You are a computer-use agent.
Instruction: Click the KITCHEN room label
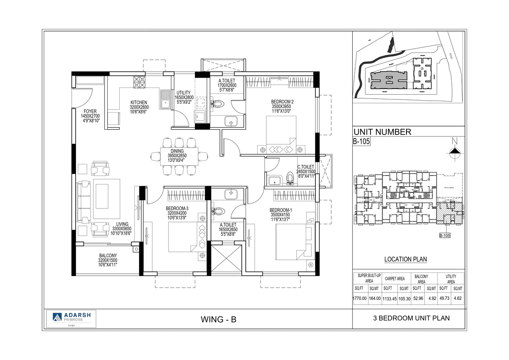[139, 102]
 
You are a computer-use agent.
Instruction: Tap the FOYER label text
[90, 111]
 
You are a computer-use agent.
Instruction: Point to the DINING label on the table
[177, 151]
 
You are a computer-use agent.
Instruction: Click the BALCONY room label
[108, 256]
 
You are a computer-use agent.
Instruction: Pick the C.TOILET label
[305, 167]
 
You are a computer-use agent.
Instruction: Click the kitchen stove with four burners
[140, 82]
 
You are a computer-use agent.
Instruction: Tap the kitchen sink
[165, 99]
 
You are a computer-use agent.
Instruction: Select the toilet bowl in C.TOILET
[290, 179]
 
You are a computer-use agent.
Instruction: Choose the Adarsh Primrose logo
[71, 317]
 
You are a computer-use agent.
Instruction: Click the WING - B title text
[219, 319]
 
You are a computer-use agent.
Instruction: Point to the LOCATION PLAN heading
[405, 259]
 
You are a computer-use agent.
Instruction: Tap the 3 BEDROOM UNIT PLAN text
[411, 318]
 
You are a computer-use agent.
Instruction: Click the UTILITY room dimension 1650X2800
[184, 97]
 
